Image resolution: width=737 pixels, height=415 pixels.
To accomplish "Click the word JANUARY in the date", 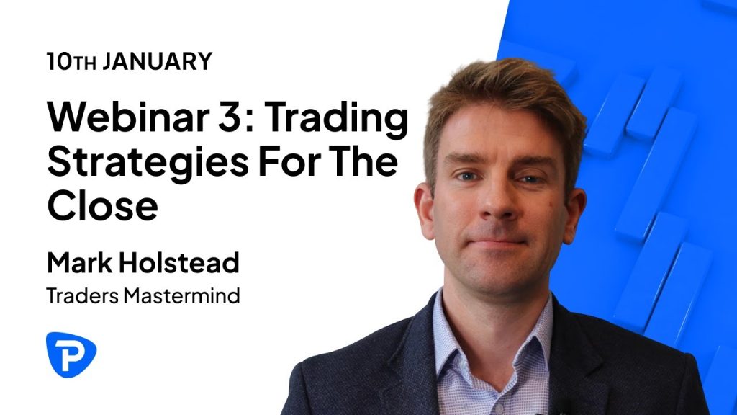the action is pos(158,61).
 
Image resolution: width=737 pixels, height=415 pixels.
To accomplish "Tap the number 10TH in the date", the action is pos(71,61).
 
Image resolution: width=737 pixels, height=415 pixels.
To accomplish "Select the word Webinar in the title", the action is pos(128,117).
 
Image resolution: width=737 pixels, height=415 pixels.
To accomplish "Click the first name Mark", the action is pos(79,262).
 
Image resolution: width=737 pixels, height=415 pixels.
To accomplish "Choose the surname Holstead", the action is pos(178,262).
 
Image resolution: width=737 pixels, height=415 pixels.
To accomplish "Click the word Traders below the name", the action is pos(82,296).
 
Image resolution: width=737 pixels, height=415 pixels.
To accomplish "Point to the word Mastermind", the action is pos(182,296).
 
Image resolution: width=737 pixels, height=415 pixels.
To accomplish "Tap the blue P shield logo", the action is pos(71,354).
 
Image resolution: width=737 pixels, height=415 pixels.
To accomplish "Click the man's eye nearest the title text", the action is pos(468,176).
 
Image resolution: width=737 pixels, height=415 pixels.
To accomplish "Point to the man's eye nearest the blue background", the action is pos(530,179).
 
